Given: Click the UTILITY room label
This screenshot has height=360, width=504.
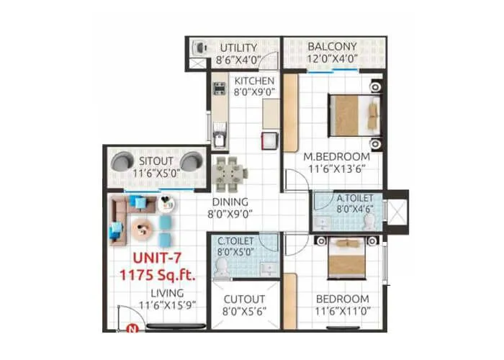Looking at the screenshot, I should pyautogui.click(x=238, y=48).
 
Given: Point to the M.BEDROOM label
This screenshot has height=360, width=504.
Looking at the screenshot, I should pyautogui.click(x=336, y=156).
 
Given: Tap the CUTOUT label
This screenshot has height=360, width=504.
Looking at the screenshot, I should pyautogui.click(x=244, y=299).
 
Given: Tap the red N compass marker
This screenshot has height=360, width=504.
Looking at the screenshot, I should pyautogui.click(x=132, y=330).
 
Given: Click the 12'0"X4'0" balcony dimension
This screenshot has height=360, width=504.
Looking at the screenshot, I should pyautogui.click(x=333, y=60).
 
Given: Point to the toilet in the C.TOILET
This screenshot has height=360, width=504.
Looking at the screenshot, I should pyautogui.click(x=222, y=267).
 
